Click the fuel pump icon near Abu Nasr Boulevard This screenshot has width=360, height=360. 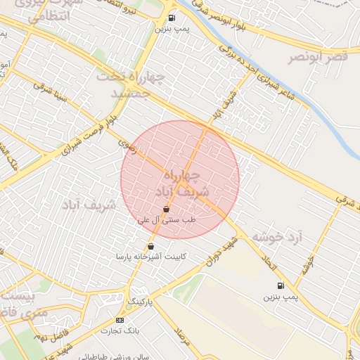[172, 18]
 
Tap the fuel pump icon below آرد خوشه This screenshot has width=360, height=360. [281, 285]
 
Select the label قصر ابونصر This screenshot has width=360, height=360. [318, 56]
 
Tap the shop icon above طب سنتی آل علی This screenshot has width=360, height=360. [166, 210]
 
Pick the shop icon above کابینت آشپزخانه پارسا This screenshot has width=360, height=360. [150, 246]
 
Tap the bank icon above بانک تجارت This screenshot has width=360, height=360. [119, 320]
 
